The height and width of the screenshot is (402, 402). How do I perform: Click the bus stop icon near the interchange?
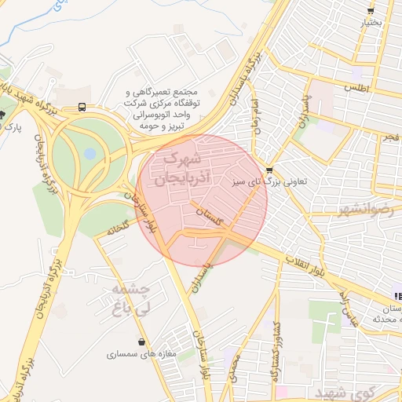(82, 108)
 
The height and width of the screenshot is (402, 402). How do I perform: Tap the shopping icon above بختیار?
(371, 11)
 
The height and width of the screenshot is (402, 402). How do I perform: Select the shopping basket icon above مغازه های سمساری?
(141, 342)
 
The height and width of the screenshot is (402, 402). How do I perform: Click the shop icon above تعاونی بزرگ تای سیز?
(270, 170)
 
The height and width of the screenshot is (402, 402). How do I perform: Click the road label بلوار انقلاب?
(314, 266)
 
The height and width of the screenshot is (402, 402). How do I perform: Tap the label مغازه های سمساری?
(138, 355)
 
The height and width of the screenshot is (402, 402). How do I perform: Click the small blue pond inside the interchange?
(90, 152)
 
